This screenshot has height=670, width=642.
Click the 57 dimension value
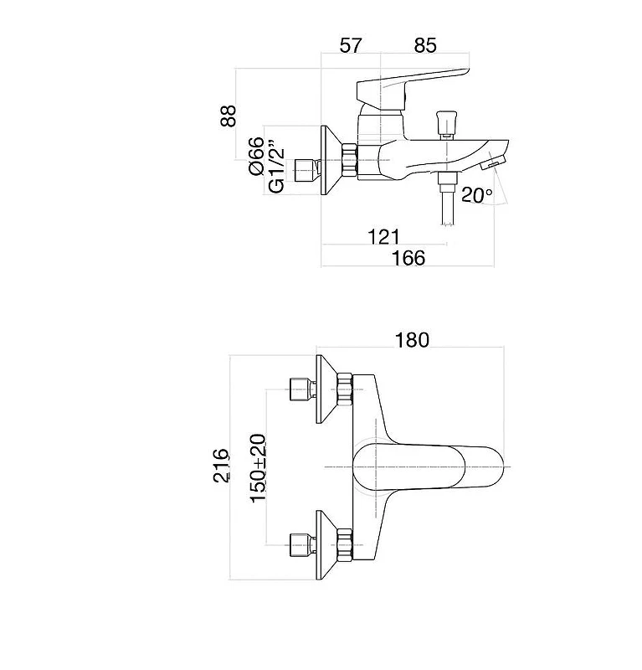click(x=351, y=45)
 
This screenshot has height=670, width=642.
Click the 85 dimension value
click(x=425, y=45)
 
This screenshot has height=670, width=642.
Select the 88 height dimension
click(x=229, y=116)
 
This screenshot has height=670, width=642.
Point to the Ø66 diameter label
click(x=256, y=156)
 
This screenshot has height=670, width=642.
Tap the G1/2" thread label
click(x=277, y=167)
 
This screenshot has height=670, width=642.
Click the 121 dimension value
click(x=383, y=237)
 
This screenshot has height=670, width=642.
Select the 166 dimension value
click(x=408, y=258)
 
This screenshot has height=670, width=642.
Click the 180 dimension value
click(x=412, y=340)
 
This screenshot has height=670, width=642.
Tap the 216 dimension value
click(x=221, y=466)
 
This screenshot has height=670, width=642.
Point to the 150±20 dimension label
click(x=258, y=468)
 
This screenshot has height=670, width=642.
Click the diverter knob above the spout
click(x=446, y=125)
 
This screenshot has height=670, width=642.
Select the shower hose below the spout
click(x=447, y=198)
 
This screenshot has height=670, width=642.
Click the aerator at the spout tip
click(x=493, y=162)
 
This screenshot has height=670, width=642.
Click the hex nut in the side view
click(x=349, y=160)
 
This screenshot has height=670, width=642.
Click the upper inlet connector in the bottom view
click(x=303, y=389)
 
